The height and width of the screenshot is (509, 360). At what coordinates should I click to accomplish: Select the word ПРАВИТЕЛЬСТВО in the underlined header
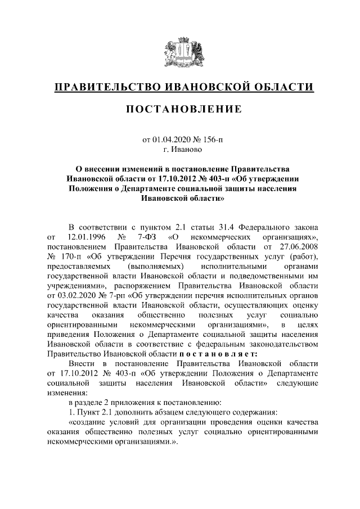coord(106,87)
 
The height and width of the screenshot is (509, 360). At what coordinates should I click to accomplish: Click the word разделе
coord(92,404)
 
